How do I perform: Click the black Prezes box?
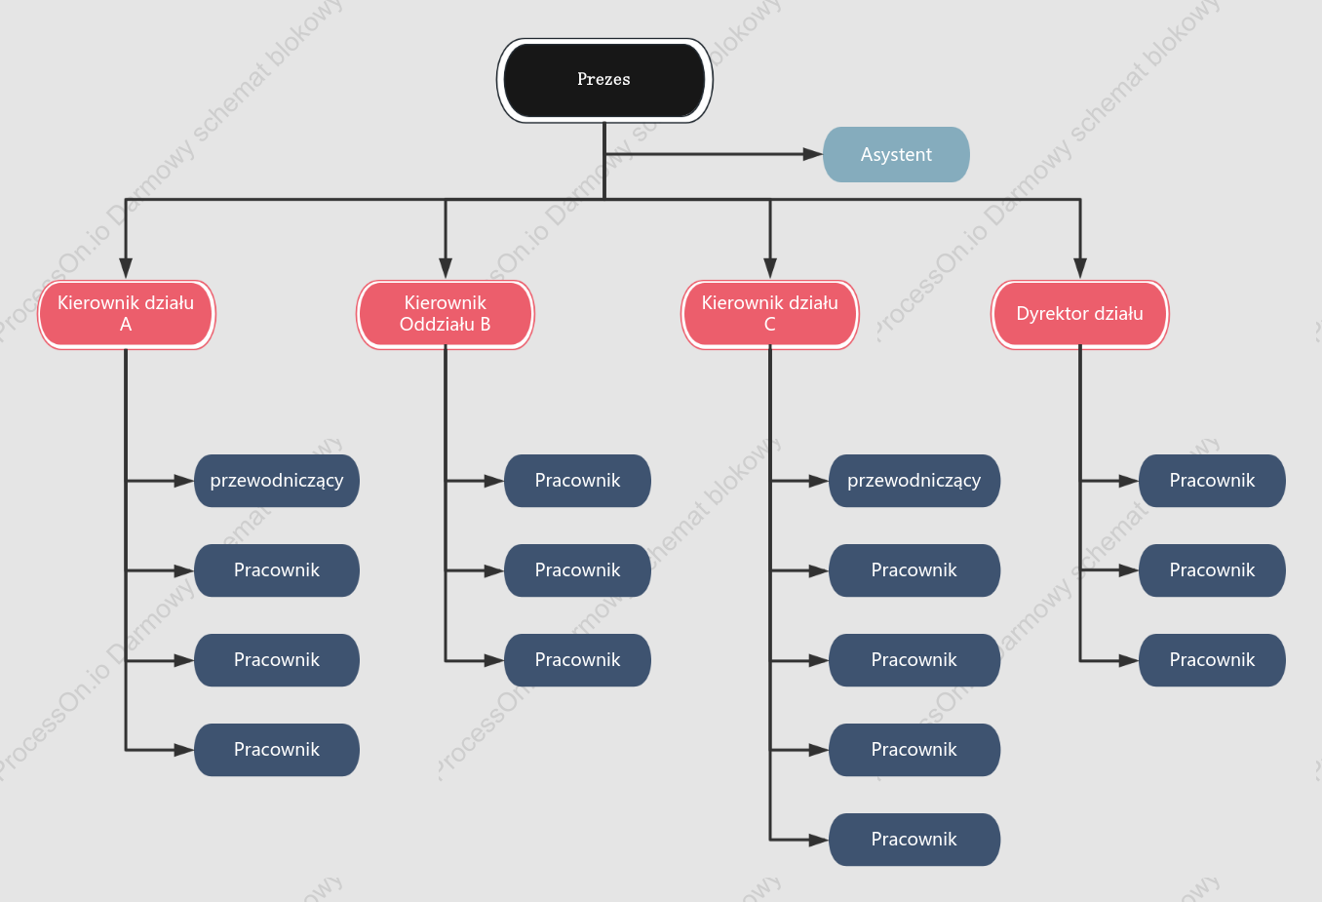click(604, 80)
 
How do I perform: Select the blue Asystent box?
click(896, 155)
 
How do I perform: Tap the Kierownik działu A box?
click(127, 315)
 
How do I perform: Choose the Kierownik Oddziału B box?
click(446, 315)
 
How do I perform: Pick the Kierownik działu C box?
click(770, 315)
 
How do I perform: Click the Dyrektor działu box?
click(1080, 315)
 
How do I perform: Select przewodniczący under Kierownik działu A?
click(277, 481)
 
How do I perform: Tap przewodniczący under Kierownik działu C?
click(914, 481)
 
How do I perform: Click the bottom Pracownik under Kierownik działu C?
click(914, 840)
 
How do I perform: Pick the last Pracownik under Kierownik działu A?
click(277, 750)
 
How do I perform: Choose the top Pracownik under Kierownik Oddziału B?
click(578, 481)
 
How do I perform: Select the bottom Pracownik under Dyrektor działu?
click(1212, 660)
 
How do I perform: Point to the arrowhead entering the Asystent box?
click(813, 155)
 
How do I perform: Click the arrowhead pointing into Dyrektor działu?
click(1080, 268)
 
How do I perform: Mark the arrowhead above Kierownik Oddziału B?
click(446, 268)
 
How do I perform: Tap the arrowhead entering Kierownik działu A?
click(126, 268)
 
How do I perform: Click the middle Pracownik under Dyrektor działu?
click(1212, 570)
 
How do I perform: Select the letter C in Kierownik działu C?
click(769, 324)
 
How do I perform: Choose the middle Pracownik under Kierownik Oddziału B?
click(578, 570)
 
